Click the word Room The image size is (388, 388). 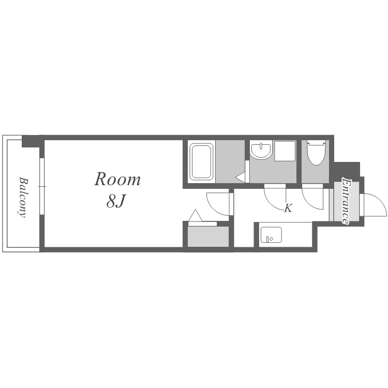click(x=117, y=179)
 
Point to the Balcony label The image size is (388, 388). click(x=23, y=197)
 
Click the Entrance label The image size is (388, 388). click(x=346, y=201)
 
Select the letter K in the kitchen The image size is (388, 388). click(x=288, y=208)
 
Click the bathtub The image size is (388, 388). click(x=201, y=162)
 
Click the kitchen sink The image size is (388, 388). click(x=271, y=234)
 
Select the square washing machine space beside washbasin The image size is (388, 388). click(x=285, y=151)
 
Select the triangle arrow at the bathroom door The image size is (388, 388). click(x=240, y=177)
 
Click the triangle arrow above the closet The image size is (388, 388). click(x=196, y=216)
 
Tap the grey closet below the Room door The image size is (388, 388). click(x=208, y=236)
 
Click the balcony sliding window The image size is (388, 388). click(x=42, y=186)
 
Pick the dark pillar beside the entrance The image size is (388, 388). click(x=347, y=169)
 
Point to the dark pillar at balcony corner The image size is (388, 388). click(x=31, y=141)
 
